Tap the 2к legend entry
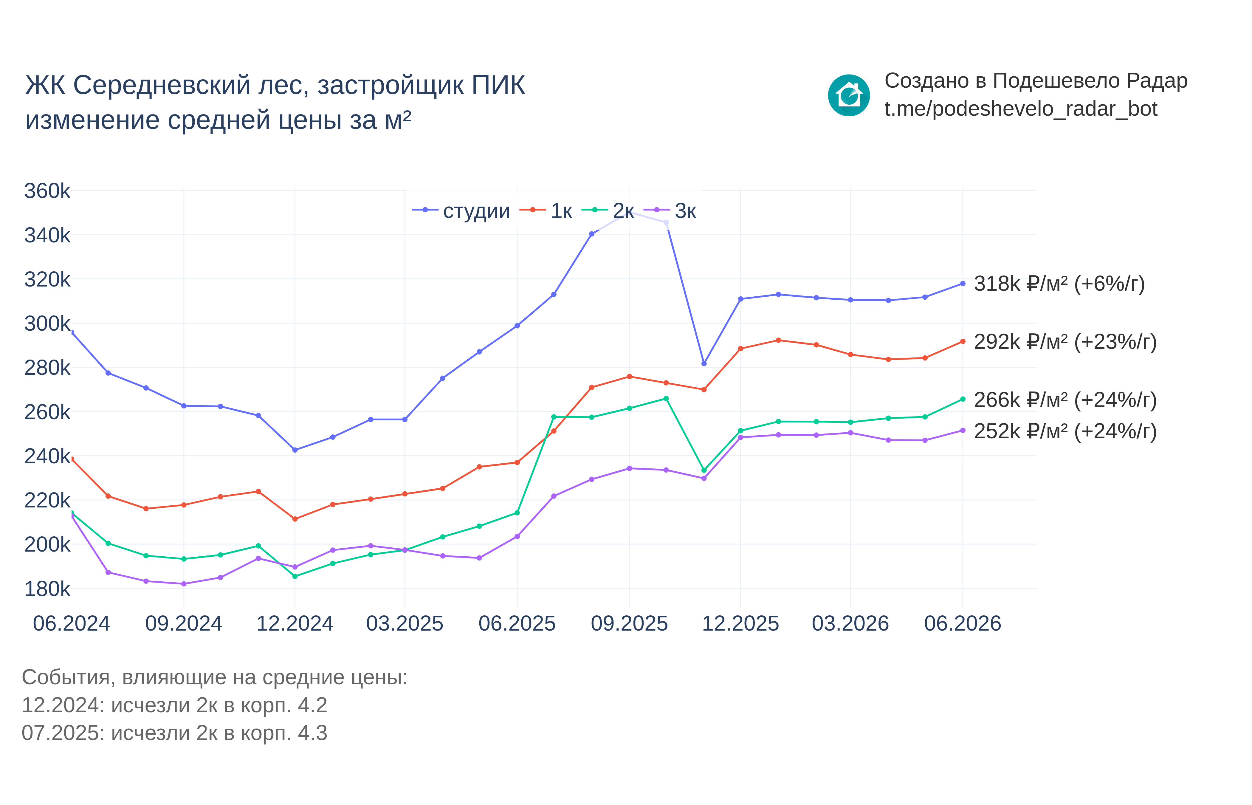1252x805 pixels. click(x=608, y=211)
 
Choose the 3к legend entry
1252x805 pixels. click(x=670, y=211)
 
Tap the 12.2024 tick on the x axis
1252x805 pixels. click(x=295, y=624)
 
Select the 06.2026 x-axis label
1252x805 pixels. click(x=963, y=624)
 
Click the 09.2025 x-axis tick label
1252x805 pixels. click(x=629, y=624)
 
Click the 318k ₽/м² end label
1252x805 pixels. click(x=1059, y=284)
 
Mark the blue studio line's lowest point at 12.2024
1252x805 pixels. click(x=295, y=450)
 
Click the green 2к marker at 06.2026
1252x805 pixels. click(x=963, y=399)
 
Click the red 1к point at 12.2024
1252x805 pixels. click(x=295, y=519)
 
